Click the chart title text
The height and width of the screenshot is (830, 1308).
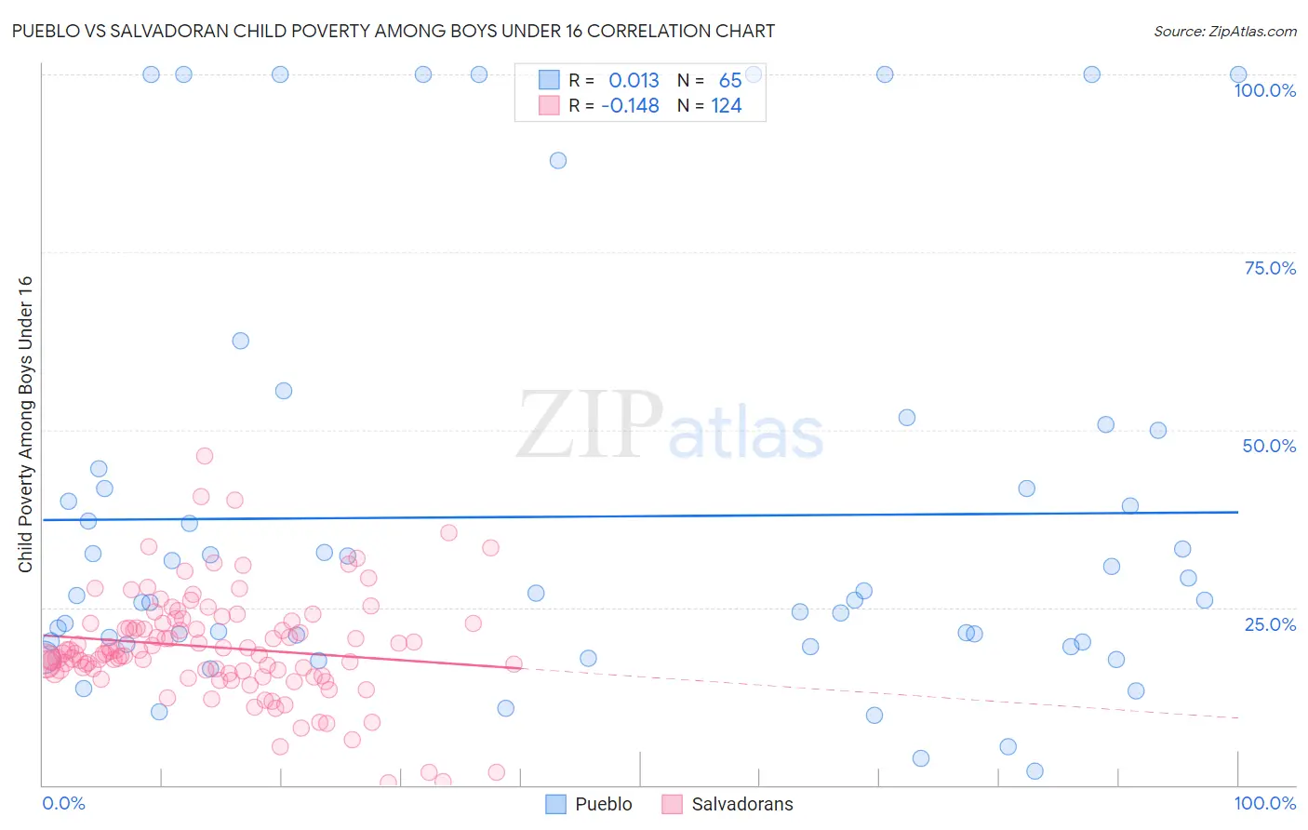(393, 31)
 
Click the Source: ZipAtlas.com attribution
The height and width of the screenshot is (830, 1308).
(1224, 31)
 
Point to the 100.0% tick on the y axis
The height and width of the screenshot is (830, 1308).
(1264, 90)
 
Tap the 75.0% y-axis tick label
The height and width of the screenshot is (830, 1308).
(1270, 268)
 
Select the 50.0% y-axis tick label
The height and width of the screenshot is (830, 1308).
(1269, 446)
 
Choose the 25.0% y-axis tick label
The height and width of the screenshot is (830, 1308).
(1270, 623)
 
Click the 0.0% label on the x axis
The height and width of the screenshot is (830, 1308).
(63, 803)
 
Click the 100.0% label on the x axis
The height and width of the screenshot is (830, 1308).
(1264, 803)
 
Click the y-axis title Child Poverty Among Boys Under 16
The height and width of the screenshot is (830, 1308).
(25, 424)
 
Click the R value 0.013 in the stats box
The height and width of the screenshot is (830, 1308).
(634, 81)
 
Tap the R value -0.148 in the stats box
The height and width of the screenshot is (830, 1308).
(630, 106)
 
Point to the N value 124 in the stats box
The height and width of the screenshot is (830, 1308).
(727, 106)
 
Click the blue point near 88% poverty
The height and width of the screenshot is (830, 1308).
(558, 160)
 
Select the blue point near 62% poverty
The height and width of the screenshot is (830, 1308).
(241, 341)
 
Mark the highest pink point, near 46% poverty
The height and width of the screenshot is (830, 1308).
(205, 456)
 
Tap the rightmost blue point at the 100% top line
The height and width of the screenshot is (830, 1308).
(1238, 74)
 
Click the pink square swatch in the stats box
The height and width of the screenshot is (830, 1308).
(549, 105)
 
